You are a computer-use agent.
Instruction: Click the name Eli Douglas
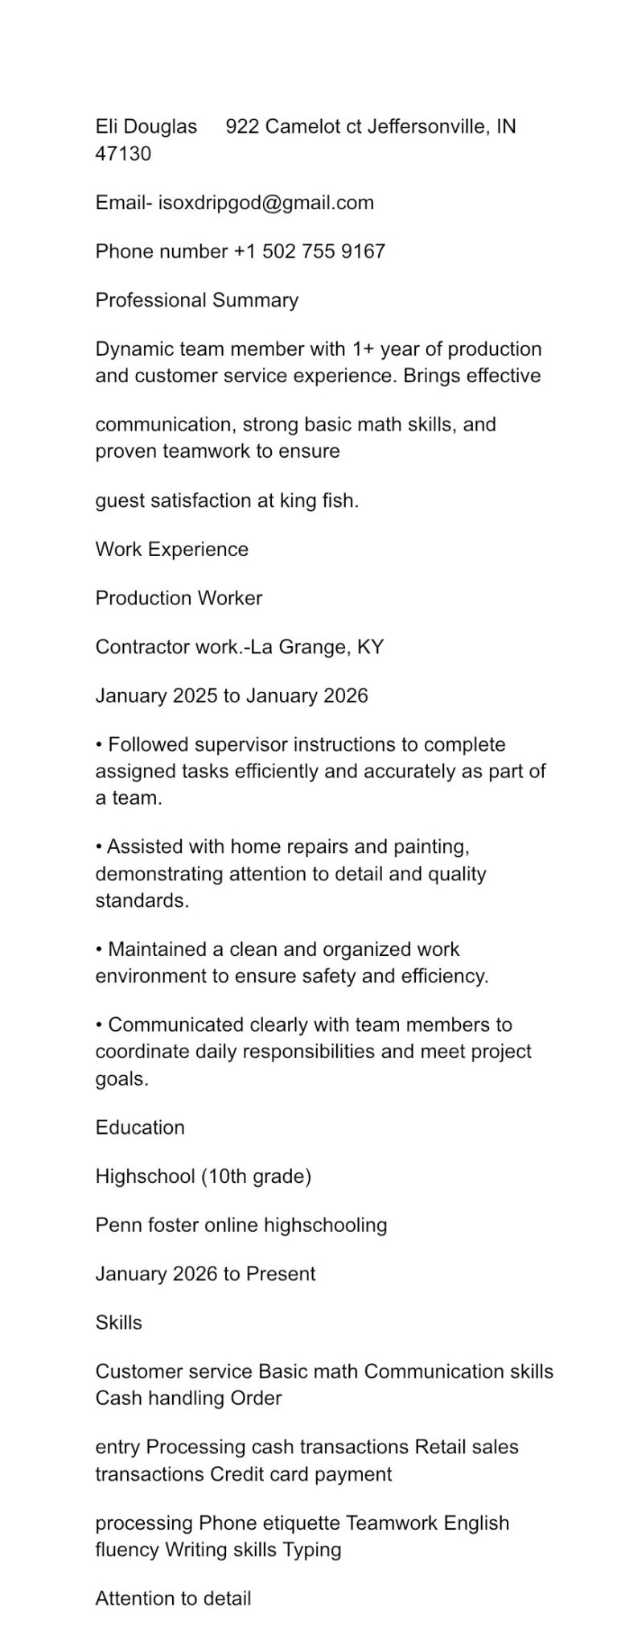pyautogui.click(x=146, y=126)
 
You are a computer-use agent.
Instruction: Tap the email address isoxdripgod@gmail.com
pyautogui.click(x=266, y=203)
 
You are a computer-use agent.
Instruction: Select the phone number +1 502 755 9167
pyautogui.click(x=310, y=251)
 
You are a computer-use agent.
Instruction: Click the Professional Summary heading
pyautogui.click(x=197, y=300)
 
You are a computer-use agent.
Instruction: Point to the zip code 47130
pyautogui.click(x=123, y=154)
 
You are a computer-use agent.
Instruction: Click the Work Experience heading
pyautogui.click(x=172, y=550)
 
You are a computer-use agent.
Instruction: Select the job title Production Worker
pyautogui.click(x=179, y=598)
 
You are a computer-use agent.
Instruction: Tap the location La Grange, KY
pyautogui.click(x=317, y=647)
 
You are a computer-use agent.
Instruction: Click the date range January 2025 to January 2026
pyautogui.click(x=232, y=696)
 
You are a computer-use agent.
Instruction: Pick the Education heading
pyautogui.click(x=140, y=1127)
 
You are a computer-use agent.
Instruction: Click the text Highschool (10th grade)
pyautogui.click(x=204, y=1176)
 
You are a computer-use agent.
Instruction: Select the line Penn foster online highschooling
pyautogui.click(x=241, y=1226)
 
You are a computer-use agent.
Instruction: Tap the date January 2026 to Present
pyautogui.click(x=206, y=1274)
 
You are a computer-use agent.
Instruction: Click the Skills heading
pyautogui.click(x=119, y=1323)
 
